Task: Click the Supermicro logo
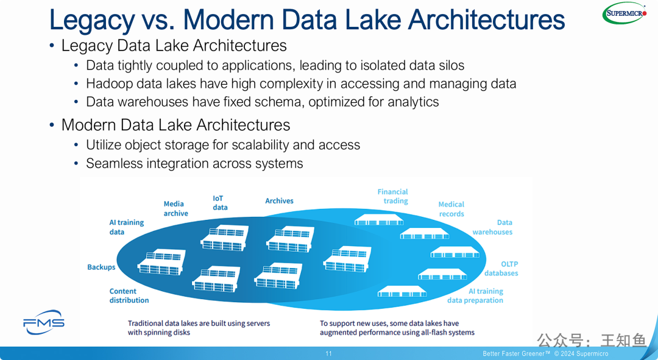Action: [x=624, y=13]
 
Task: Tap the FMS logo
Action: [x=44, y=323]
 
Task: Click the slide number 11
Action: [x=329, y=354]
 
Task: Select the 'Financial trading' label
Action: [x=393, y=196]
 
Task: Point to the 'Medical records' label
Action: [x=451, y=209]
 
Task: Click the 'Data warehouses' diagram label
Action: [x=492, y=227]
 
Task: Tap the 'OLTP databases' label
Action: [x=501, y=269]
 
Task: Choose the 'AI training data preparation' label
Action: [x=475, y=295]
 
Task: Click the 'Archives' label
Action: [x=279, y=200]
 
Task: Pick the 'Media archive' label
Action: [x=175, y=208]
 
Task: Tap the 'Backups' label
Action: [x=101, y=267]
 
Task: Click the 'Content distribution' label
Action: [x=129, y=295]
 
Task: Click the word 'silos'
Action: [x=448, y=65]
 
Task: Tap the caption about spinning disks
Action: [x=199, y=328]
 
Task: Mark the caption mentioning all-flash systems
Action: [x=397, y=328]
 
